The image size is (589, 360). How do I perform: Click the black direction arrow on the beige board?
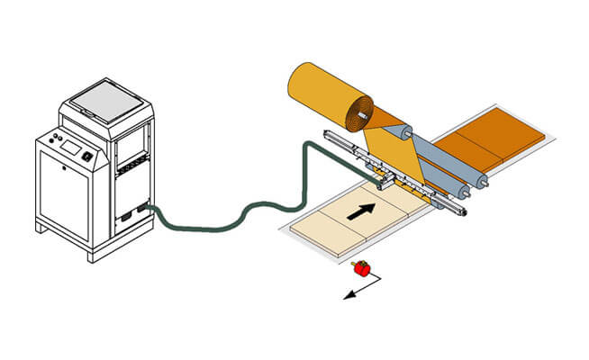[x=359, y=212]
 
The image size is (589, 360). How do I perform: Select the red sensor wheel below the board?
[x=362, y=267]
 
